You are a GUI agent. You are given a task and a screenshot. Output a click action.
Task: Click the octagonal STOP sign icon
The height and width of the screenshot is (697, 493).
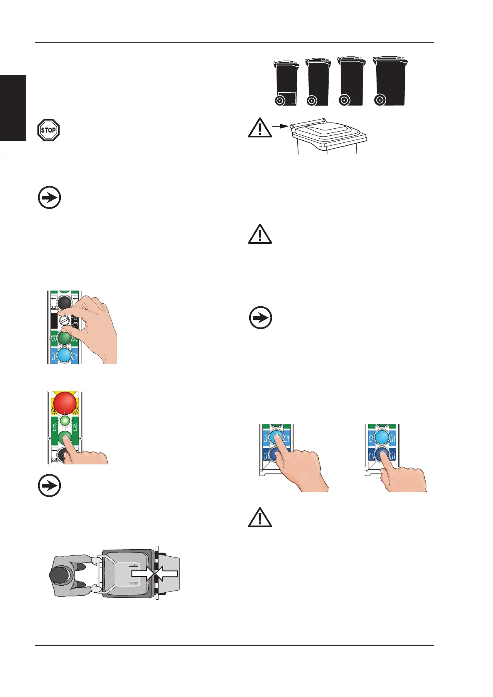point(48,130)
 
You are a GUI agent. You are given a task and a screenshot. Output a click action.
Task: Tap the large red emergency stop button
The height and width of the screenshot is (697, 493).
point(65,402)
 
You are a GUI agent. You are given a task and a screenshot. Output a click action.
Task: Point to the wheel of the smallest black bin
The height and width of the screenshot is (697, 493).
point(280,101)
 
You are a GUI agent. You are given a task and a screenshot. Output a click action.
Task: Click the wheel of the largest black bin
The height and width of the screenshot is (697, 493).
point(379,100)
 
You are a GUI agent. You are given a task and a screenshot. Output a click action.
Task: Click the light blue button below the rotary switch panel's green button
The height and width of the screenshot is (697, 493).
point(64,355)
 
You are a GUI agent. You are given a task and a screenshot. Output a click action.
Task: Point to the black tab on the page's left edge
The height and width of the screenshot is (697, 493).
point(13,108)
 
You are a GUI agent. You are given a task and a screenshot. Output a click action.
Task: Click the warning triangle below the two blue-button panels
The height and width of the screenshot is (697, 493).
point(260,517)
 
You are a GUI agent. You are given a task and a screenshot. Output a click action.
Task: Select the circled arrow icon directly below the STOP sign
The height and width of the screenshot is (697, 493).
point(49,197)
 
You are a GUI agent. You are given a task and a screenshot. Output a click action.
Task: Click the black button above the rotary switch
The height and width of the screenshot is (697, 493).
point(64,303)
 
